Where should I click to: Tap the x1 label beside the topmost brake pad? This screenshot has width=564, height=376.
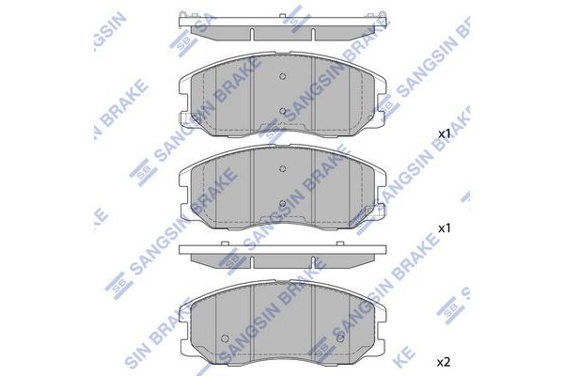click(x=445, y=134)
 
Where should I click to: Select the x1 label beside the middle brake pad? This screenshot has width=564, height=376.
click(x=445, y=228)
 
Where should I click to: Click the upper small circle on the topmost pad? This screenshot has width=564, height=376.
click(x=283, y=78)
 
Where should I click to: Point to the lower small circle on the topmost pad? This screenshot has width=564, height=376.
click(x=283, y=111)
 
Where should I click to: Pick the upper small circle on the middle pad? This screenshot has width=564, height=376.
click(x=283, y=169)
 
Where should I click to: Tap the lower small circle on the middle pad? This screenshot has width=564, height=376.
click(x=283, y=202)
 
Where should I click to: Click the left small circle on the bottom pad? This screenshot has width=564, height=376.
click(x=223, y=337)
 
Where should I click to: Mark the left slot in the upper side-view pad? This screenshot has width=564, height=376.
click(x=252, y=33)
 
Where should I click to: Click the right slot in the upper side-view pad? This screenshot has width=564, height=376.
click(x=313, y=33)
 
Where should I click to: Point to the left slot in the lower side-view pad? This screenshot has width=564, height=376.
click(x=252, y=265)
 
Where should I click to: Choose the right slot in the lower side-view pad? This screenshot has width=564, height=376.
click(x=313, y=265)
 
